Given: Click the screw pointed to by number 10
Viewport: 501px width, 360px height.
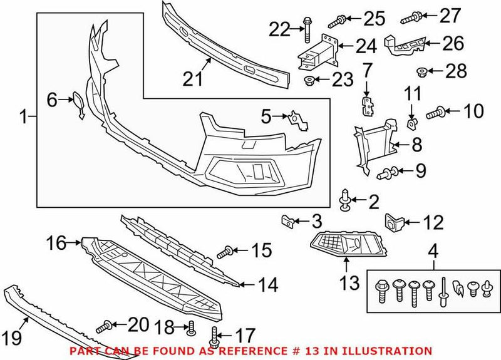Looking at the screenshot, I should tap(436, 113).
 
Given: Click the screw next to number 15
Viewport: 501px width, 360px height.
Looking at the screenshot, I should tap(226, 253).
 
